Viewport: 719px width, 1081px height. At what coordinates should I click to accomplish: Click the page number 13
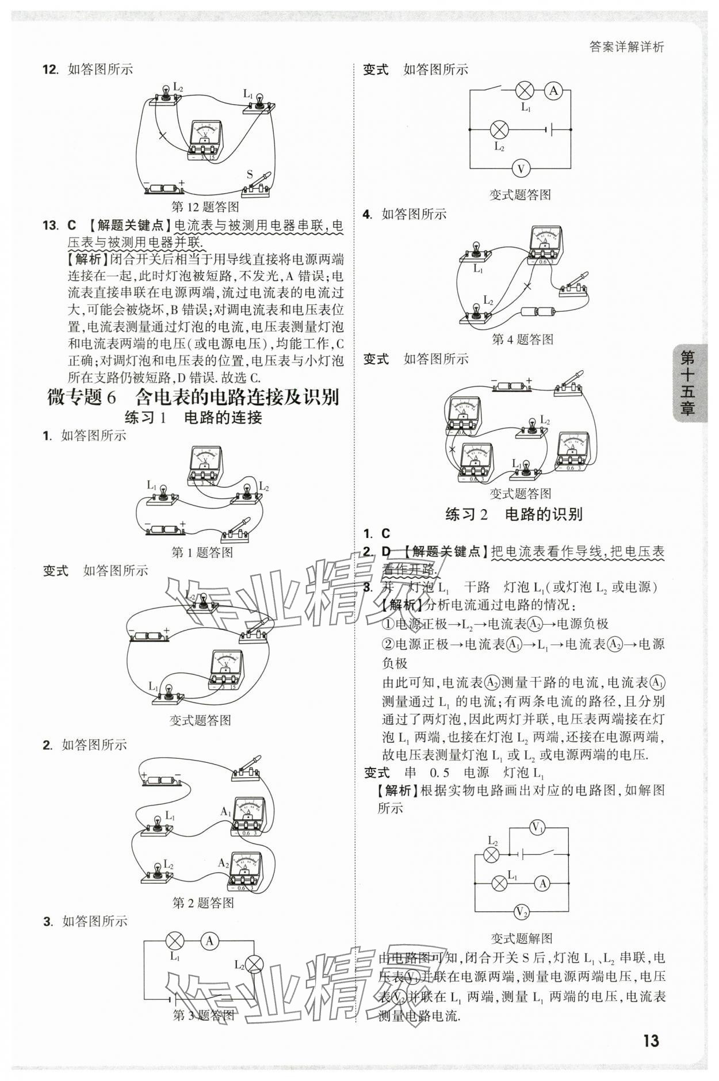tap(651, 1040)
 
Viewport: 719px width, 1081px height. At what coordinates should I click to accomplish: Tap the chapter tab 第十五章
tap(687, 383)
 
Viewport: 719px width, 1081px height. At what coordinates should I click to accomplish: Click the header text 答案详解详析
tap(626, 47)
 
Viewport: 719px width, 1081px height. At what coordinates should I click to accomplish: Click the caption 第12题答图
tap(205, 207)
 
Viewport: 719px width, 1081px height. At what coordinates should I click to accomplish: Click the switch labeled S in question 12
tap(257, 183)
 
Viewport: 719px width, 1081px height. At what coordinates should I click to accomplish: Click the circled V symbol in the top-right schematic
tap(521, 169)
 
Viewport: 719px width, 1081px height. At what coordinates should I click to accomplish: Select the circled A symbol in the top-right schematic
tap(553, 90)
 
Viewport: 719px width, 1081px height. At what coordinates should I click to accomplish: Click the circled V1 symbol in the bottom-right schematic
tap(537, 828)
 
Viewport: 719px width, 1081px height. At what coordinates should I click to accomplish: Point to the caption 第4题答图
tap(522, 339)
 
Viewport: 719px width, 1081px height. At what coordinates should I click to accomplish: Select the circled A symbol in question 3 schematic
tap(209, 941)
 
